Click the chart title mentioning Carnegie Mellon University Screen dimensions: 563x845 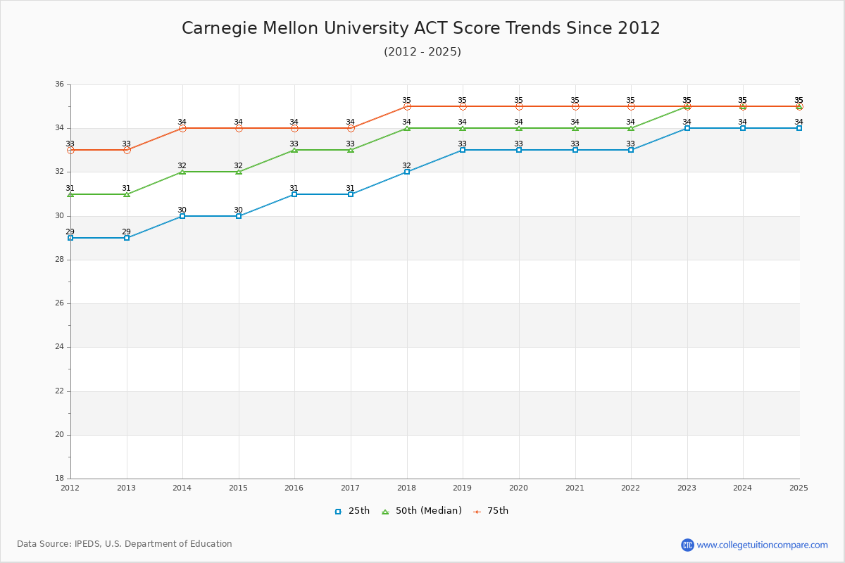pyautogui.click(x=421, y=28)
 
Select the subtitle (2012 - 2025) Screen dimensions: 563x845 pyautogui.click(x=423, y=52)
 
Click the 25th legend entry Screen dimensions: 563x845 pyautogui.click(x=351, y=511)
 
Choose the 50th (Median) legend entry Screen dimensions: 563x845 pyautogui.click(x=421, y=511)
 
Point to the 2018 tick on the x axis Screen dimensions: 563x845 pyautogui.click(x=406, y=488)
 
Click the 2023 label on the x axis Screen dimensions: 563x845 pyautogui.click(x=687, y=488)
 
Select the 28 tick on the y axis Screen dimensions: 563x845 pyautogui.click(x=59, y=260)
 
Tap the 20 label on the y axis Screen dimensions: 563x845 pyautogui.click(x=59, y=435)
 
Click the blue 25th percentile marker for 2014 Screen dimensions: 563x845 pyautogui.click(x=182, y=216)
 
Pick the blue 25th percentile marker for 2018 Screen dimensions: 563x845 pyautogui.click(x=407, y=172)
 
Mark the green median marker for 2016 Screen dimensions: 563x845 pyautogui.click(x=294, y=150)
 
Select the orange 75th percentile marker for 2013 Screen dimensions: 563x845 pyautogui.click(x=127, y=150)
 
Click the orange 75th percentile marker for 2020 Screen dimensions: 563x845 pyautogui.click(x=519, y=106)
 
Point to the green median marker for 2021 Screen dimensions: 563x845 pyautogui.click(x=575, y=128)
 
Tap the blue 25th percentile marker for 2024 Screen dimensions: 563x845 pyautogui.click(x=743, y=128)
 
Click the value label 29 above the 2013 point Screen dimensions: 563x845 pyautogui.click(x=126, y=232)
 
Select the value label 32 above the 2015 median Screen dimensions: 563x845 pyautogui.click(x=238, y=166)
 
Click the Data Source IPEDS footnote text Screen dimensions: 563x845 pyautogui.click(x=125, y=544)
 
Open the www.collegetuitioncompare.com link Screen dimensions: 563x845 pyautogui.click(x=762, y=545)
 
